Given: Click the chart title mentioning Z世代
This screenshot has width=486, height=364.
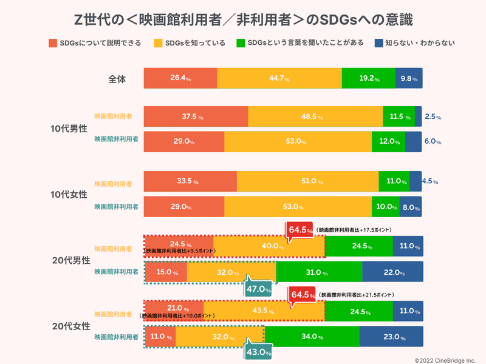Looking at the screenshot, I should pos(243,19).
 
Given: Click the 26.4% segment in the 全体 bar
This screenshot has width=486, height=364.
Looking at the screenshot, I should pos(180,79).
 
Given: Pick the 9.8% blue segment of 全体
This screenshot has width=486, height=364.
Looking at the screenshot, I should pos(409,79).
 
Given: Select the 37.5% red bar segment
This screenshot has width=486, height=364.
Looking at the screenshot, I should pos(196,116).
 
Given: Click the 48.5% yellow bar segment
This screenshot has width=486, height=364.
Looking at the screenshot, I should pos(315,116).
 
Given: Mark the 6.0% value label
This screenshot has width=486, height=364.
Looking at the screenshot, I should pos(432,141).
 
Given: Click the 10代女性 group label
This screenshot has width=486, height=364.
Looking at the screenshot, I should pos(69,194).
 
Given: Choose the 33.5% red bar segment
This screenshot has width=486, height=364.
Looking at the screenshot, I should pos(190,181).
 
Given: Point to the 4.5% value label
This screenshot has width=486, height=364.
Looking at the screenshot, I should pos(430,181).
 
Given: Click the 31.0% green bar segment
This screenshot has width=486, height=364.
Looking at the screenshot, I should pos(319,272).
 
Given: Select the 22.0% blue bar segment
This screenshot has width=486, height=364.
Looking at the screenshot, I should pos(392,272).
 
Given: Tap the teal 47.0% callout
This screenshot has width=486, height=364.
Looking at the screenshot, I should pos(258,289).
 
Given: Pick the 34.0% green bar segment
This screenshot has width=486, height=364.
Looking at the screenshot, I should pos(312,337).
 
